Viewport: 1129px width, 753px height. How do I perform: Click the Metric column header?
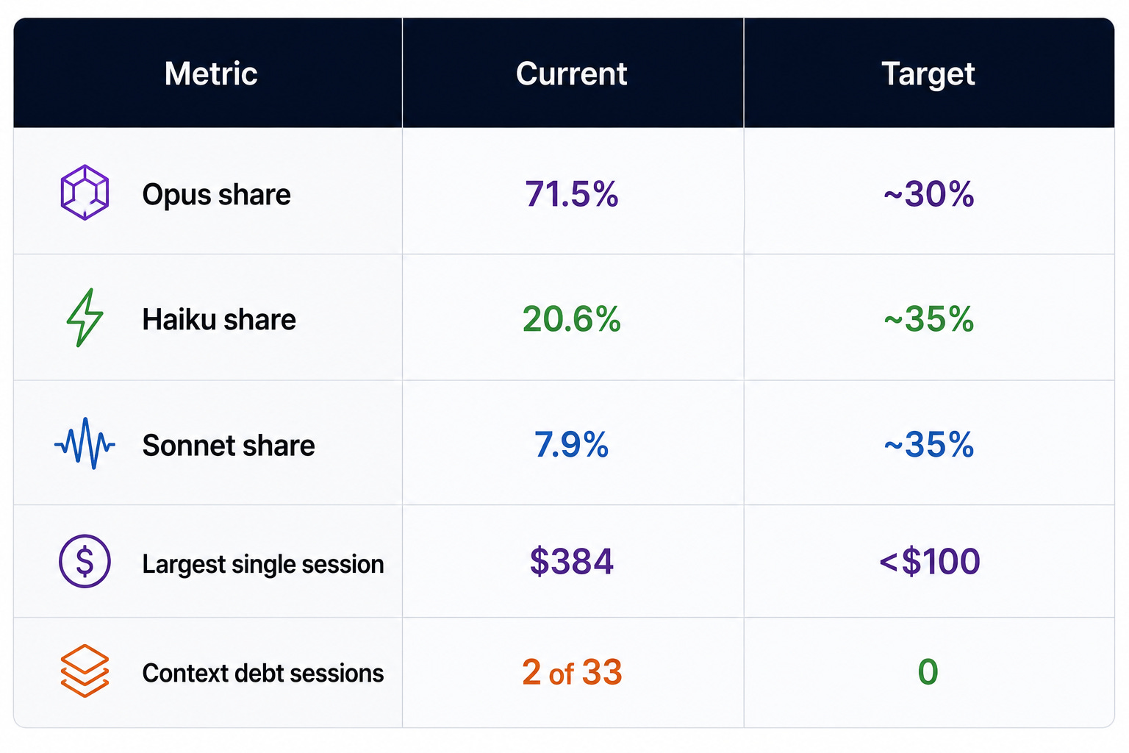211,74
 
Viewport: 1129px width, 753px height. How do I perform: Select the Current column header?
572,74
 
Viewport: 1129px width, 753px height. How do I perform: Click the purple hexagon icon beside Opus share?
85,192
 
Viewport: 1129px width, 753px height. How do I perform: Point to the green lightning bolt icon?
84,318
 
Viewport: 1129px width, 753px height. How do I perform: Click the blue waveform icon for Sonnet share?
85,444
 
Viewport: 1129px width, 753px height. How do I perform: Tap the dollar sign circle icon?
85,561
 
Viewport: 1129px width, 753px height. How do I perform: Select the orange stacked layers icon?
85,671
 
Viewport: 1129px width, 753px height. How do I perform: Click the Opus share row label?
216,195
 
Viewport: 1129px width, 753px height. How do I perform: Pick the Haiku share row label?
219,320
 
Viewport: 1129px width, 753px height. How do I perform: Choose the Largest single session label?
263,564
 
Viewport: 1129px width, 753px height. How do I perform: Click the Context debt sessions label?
263,674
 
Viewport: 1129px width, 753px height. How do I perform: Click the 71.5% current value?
572,193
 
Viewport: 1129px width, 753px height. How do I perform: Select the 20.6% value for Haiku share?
572,318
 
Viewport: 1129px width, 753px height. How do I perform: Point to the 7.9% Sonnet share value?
572,444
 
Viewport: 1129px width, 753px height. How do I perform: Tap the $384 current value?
572,561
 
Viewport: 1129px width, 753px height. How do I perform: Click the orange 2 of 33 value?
572,672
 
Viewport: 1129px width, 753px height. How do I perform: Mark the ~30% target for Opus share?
929,193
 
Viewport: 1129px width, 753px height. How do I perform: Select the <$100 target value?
930,561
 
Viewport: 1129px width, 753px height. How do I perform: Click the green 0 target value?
928,672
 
